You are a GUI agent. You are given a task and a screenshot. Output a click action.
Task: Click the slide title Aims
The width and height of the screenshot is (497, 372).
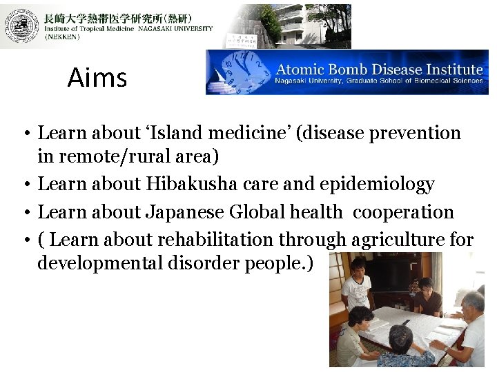(97, 78)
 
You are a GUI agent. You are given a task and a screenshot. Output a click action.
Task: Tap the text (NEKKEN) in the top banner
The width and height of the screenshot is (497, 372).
(62, 37)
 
